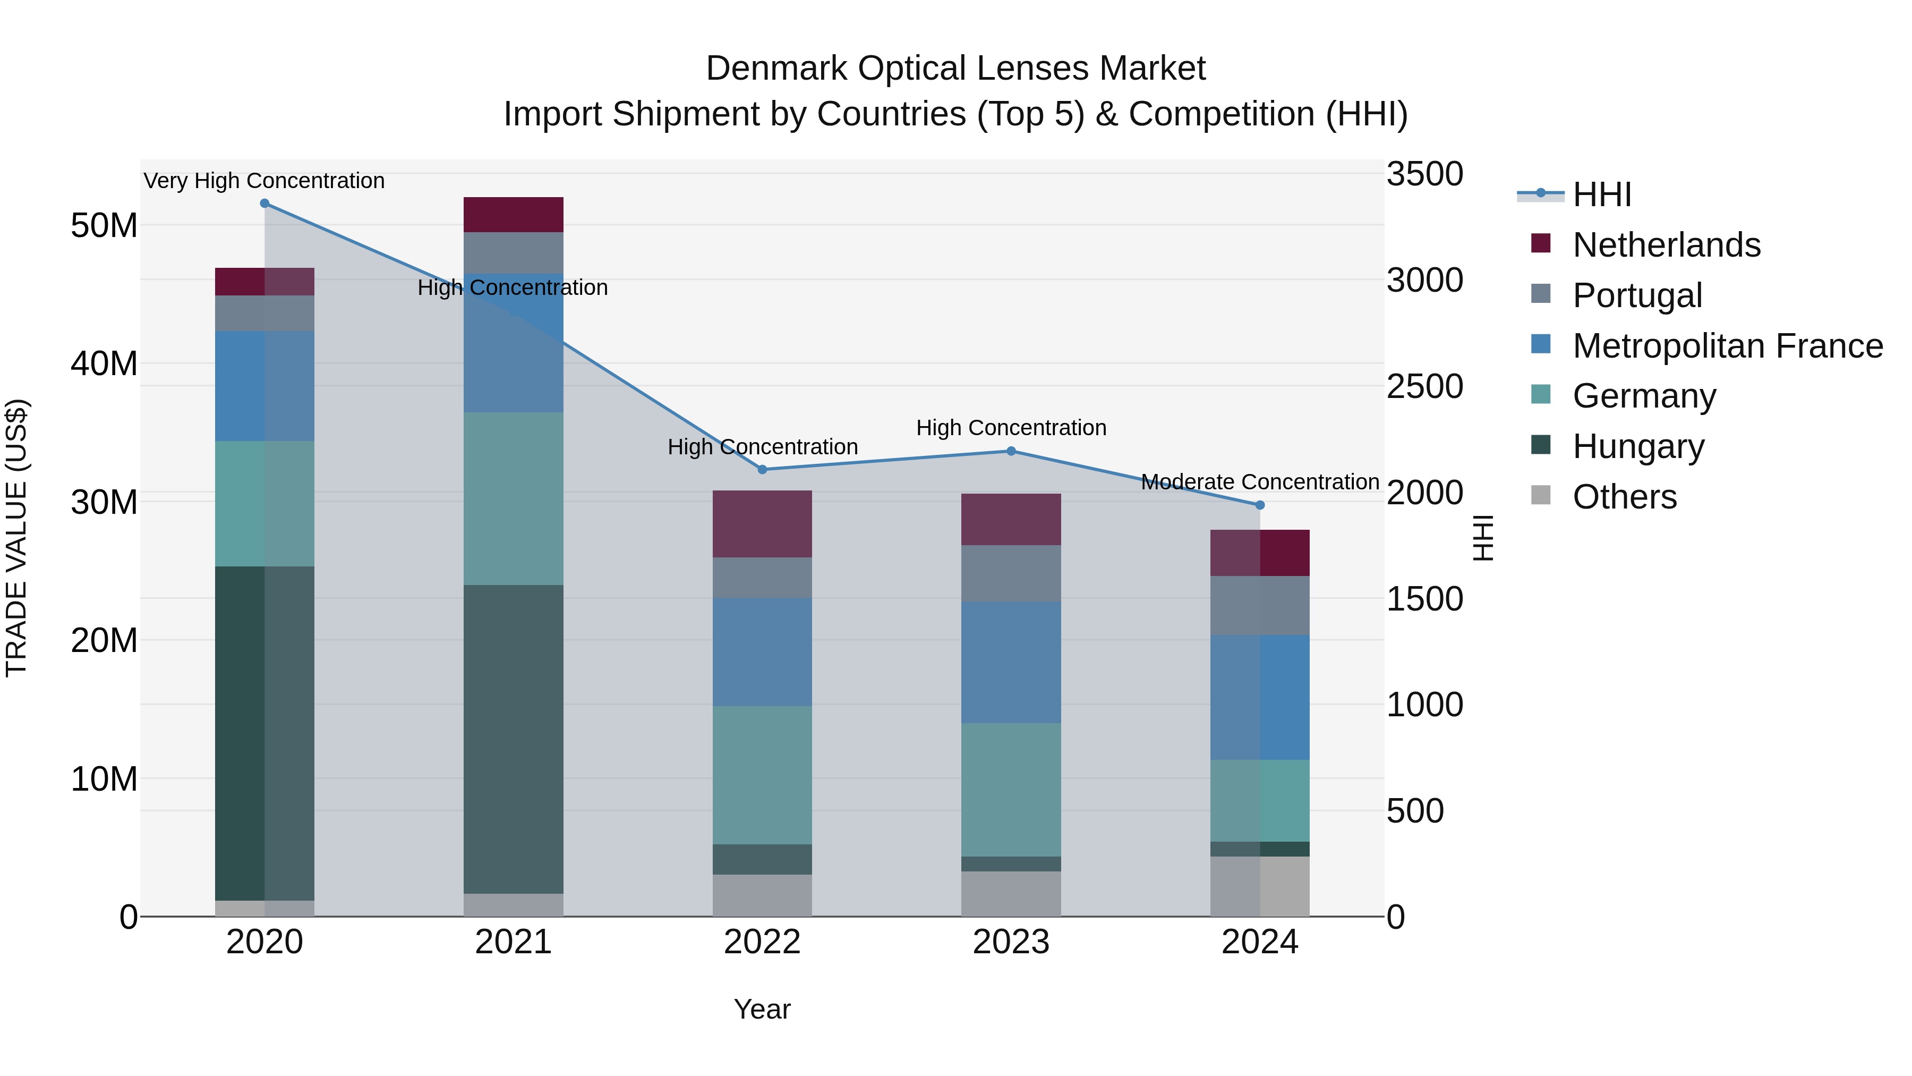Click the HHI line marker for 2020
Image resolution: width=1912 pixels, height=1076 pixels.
264,204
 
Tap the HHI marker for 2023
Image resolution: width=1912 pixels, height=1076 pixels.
1011,451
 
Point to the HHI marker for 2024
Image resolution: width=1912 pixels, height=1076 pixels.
1260,505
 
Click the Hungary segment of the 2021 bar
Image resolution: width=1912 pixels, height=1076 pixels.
513,739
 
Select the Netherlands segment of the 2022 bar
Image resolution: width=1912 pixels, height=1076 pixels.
762,523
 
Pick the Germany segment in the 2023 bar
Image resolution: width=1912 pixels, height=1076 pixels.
1011,790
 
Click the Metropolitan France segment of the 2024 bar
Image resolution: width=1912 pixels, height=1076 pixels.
1260,697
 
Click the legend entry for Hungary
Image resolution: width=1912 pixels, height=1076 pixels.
1637,446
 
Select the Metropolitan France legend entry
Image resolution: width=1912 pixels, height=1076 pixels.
1727,346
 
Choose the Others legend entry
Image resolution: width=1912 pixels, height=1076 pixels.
1624,497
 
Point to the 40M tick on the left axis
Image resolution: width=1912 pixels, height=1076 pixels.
104,364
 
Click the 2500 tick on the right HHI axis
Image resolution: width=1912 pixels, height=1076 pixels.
1424,386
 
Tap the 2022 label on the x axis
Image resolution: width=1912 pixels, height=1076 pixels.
762,942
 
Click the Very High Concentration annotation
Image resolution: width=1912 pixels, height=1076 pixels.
264,181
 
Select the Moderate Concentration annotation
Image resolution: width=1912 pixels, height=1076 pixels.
1260,482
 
